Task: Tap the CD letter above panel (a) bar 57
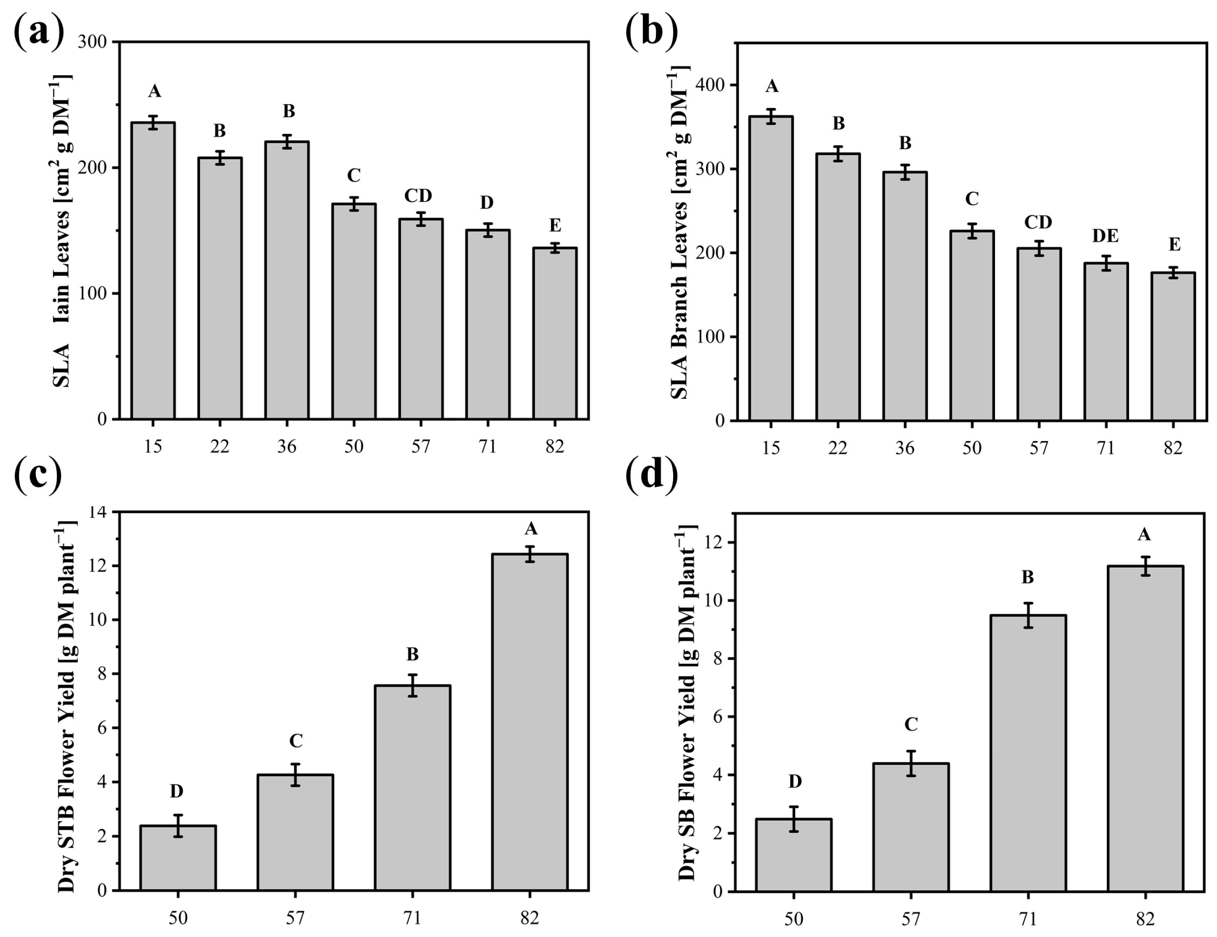click(x=418, y=196)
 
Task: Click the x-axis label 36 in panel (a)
click(x=287, y=446)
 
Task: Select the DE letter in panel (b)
click(x=1105, y=236)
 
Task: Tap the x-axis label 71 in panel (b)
click(x=1106, y=448)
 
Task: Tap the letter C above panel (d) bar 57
click(x=910, y=724)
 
